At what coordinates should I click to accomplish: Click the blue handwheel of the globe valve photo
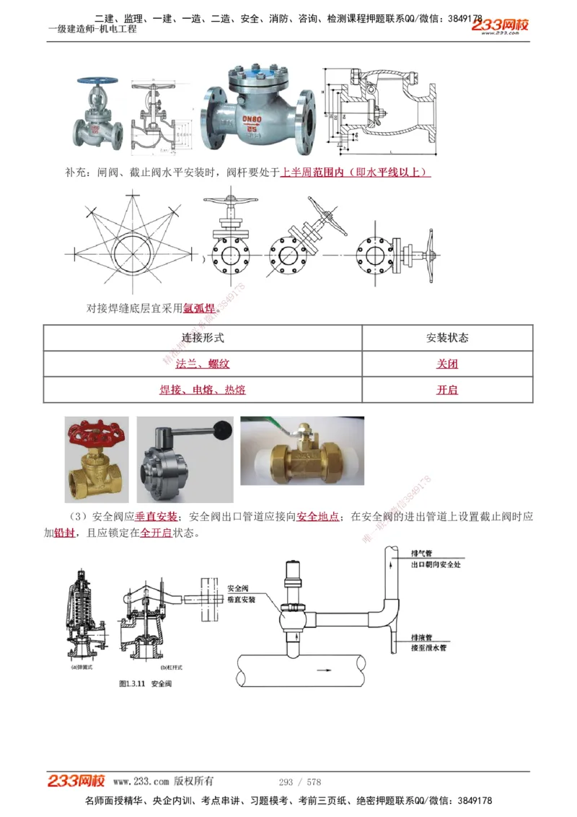coord(94,80)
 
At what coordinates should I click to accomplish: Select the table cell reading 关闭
coord(447,364)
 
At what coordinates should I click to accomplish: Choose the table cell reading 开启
coord(447,390)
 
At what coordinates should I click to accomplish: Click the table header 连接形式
coord(203,338)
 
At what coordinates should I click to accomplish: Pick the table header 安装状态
coord(447,338)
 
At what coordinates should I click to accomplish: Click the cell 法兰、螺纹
coord(203,364)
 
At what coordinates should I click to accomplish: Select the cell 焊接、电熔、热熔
coord(203,390)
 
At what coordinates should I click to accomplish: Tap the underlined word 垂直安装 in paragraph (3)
coord(156,517)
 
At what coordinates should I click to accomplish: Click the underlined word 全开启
coord(156,533)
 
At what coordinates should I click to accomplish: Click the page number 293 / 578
coord(299,782)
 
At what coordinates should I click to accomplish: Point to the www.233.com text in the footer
coord(141,782)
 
